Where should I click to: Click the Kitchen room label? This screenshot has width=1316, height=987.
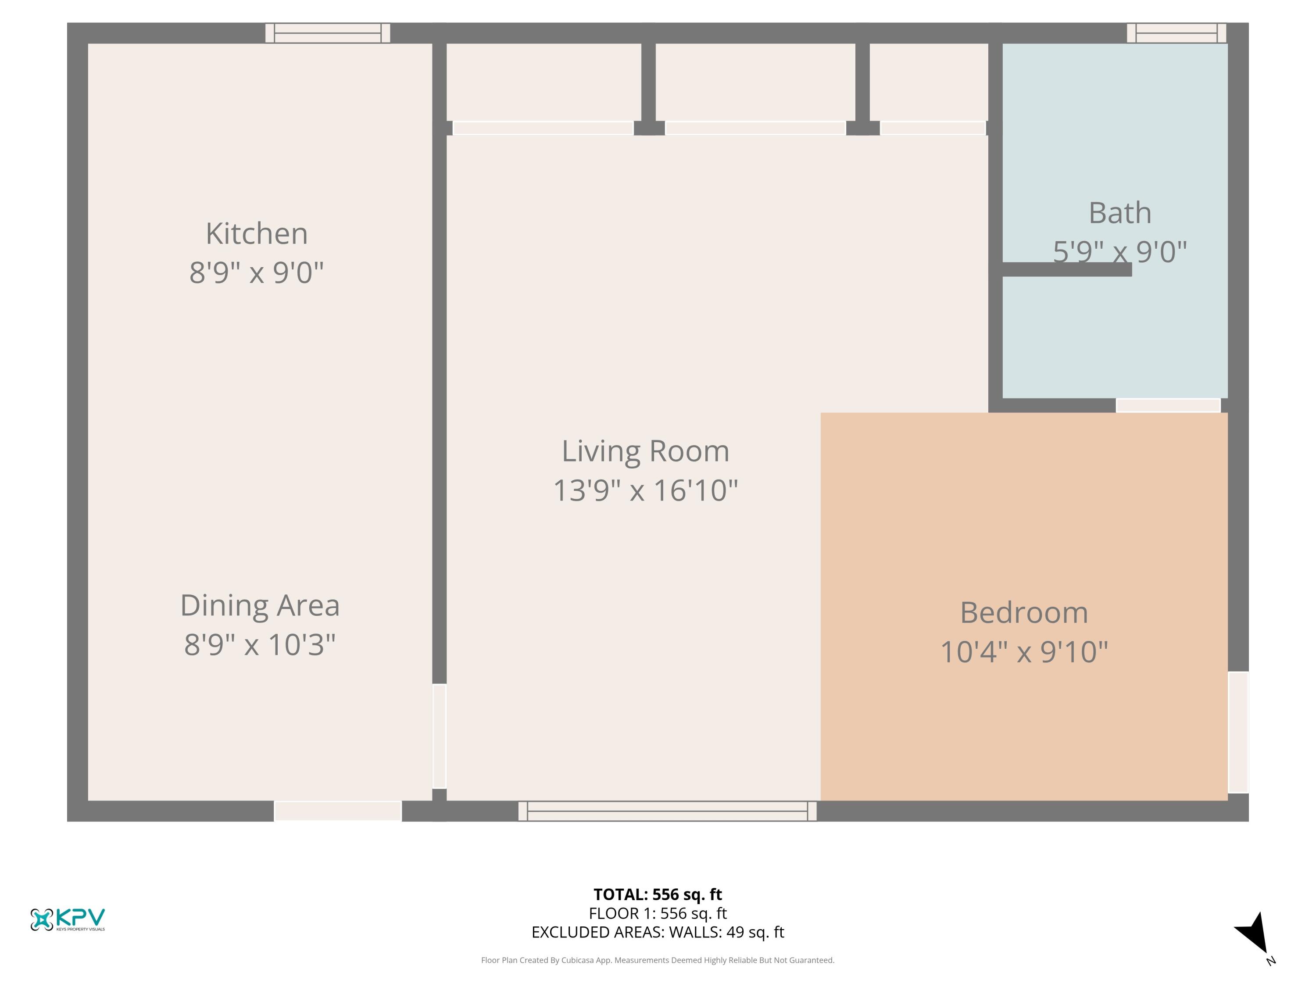(257, 233)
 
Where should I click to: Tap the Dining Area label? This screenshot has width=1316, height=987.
(260, 606)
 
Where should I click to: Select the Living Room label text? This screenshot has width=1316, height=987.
(646, 451)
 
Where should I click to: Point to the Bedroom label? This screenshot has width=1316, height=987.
(1024, 613)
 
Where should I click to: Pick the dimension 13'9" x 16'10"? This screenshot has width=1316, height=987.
(646, 490)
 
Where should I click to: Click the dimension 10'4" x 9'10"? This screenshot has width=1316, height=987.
(1024, 651)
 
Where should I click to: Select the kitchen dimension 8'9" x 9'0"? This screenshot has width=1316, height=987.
(257, 272)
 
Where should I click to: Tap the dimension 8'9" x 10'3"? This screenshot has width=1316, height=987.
(260, 644)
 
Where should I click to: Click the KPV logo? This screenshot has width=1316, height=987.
(68, 919)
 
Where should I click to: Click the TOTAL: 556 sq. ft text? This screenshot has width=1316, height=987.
(658, 894)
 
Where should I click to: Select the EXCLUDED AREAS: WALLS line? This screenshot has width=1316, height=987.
(658, 932)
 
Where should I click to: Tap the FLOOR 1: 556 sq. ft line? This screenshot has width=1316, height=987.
(658, 913)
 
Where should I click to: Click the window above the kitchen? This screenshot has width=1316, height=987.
(328, 33)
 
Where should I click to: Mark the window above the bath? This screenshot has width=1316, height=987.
(1176, 33)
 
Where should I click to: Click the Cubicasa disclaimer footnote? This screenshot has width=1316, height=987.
(658, 960)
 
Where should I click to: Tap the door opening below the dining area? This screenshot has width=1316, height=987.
(338, 812)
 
